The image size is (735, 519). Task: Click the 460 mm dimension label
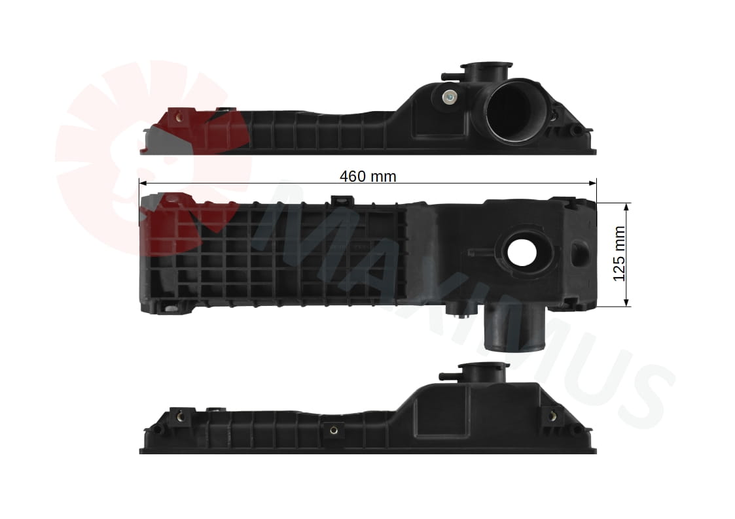(x=368, y=176)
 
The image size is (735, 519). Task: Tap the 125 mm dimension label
(x=619, y=254)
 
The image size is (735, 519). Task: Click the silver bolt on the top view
(x=450, y=98)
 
